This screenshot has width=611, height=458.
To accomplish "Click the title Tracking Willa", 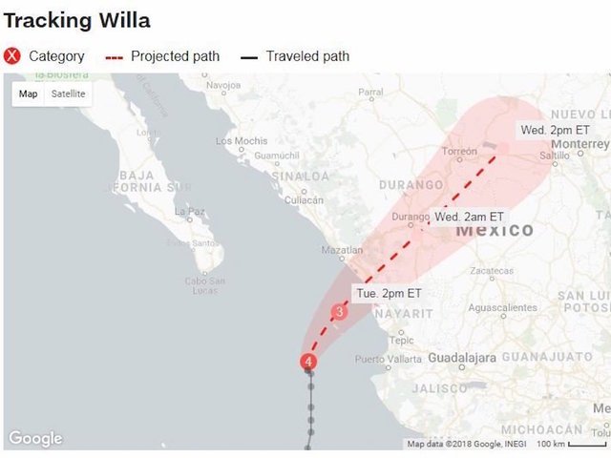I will [77, 20].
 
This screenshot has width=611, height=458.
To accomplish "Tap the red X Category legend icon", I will [12, 56].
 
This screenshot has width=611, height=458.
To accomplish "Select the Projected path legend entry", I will [162, 56].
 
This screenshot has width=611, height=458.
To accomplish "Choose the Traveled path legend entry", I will [295, 56].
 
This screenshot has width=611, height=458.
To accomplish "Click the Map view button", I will [29, 94].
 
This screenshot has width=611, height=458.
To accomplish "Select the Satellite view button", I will [68, 94].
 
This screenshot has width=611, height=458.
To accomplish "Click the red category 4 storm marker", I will [307, 362].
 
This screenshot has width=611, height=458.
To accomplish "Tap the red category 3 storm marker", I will [339, 311].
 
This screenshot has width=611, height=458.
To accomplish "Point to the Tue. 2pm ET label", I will [390, 293].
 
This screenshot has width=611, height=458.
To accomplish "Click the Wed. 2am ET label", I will [469, 217].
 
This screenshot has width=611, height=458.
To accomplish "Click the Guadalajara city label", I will [461, 357].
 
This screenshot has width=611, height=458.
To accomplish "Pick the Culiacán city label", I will [305, 200].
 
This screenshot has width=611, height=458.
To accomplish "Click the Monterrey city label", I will [579, 143].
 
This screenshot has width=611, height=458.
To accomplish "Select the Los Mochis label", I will [242, 141].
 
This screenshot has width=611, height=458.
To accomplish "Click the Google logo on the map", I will [35, 439].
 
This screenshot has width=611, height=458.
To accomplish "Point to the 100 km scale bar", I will [571, 444].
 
